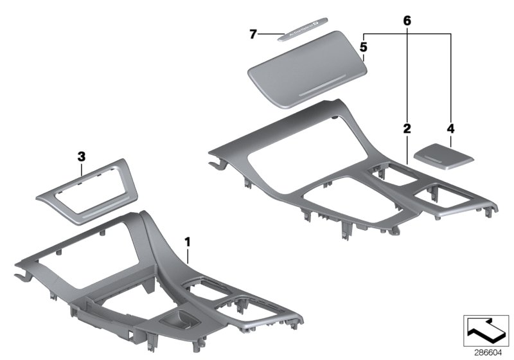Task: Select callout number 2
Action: [x=407, y=129]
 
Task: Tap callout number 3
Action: [x=81, y=156]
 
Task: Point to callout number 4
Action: [x=450, y=129]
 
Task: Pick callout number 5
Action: [x=364, y=47]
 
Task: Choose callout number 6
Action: [x=407, y=21]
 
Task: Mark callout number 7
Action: [x=253, y=33]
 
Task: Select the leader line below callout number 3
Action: [x=81, y=168]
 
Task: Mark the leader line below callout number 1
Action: [x=188, y=256]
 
